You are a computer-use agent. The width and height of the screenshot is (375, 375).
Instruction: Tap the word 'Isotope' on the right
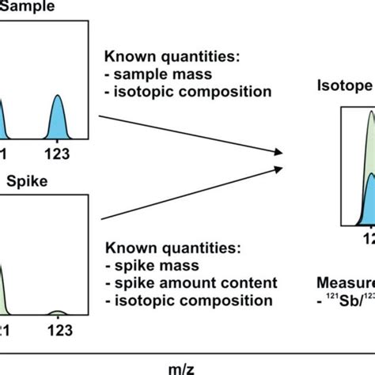[x=345, y=85]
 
